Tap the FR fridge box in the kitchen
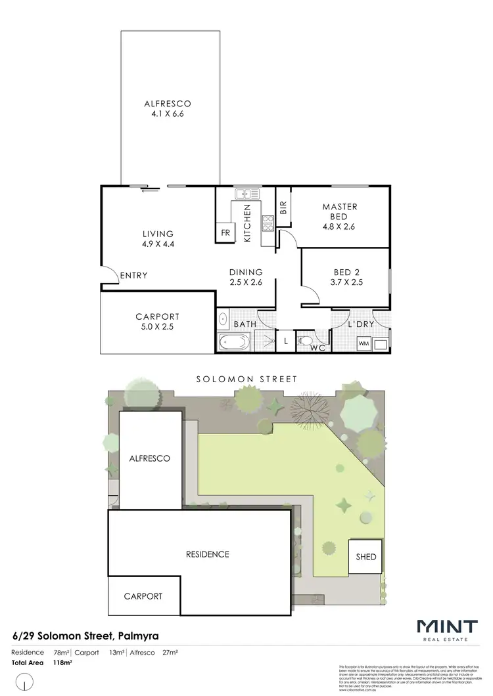pyautogui.click(x=225, y=233)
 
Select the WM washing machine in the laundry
pyautogui.click(x=364, y=343)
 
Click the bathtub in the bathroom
pyautogui.click(x=234, y=342)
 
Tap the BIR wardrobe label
pyautogui.click(x=283, y=208)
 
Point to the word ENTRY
pyautogui.click(x=133, y=276)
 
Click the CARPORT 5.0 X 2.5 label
pyautogui.click(x=158, y=321)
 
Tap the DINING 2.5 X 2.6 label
pyautogui.click(x=246, y=277)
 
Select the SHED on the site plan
pyautogui.click(x=366, y=557)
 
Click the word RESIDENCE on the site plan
pyautogui.click(x=207, y=554)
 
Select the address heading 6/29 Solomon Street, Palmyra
pyautogui.click(x=85, y=636)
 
